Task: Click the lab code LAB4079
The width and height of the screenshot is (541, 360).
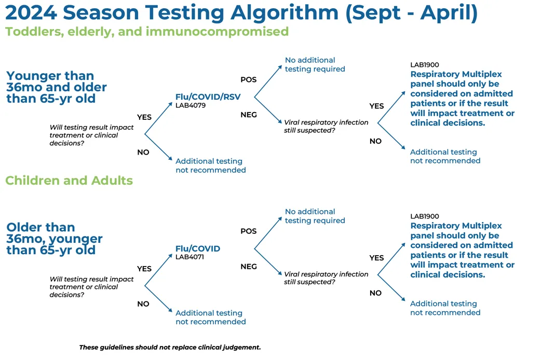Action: click(x=191, y=105)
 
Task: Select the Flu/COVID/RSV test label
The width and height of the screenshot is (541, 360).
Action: click(x=208, y=97)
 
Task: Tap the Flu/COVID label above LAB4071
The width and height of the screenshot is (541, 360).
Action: click(x=198, y=248)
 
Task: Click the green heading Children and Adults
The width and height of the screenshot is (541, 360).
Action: click(x=69, y=181)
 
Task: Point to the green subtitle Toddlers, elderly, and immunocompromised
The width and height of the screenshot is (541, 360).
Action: click(x=147, y=32)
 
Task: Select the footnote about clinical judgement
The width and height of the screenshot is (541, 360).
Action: click(x=170, y=348)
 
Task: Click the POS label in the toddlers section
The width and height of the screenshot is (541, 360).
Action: click(x=249, y=79)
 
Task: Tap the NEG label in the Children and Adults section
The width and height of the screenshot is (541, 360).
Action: click(x=249, y=267)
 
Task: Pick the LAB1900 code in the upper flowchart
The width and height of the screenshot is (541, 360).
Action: click(x=424, y=65)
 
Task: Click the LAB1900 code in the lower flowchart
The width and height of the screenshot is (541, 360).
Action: click(x=424, y=216)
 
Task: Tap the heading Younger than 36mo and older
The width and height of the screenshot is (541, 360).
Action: click(x=57, y=87)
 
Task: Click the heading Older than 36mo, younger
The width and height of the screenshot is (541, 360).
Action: click(x=55, y=239)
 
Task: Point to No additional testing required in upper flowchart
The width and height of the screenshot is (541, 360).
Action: click(x=315, y=64)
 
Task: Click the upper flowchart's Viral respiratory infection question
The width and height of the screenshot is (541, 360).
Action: click(x=326, y=126)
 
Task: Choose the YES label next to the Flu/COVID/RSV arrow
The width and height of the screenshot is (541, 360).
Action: click(x=144, y=117)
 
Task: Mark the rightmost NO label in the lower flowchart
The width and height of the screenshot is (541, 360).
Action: click(x=375, y=293)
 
